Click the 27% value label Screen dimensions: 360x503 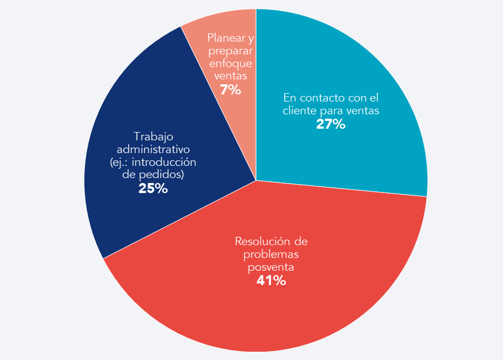[331, 124]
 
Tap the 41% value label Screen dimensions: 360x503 [271, 281]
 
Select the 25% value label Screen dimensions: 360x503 [153, 189]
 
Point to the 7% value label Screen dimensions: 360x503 [230, 90]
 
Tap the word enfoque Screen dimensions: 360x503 [230, 64]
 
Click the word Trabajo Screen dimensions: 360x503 [154, 136]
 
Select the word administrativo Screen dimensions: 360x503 [154, 149]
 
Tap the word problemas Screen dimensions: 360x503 [271, 254]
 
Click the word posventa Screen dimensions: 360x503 [271, 267]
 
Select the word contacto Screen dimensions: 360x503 [322, 98]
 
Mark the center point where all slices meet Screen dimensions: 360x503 [256, 180]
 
